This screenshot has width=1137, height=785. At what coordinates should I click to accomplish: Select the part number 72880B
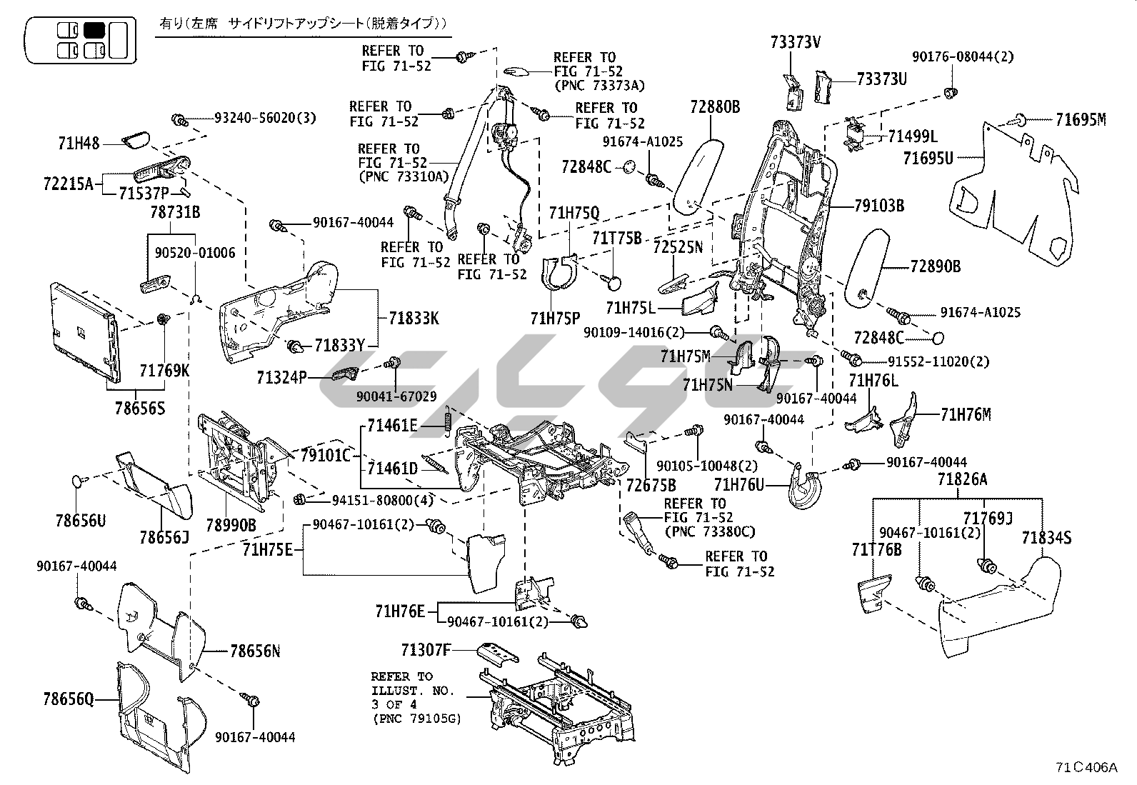click(714, 107)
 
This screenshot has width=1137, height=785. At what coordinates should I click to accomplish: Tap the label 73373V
click(795, 42)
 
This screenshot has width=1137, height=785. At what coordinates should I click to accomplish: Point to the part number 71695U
click(928, 158)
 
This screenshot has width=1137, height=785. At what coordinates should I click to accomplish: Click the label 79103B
click(879, 206)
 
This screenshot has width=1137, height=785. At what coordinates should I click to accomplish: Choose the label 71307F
click(426, 650)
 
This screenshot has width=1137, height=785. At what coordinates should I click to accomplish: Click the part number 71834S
click(1046, 538)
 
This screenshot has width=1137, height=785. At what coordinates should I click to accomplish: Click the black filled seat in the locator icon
click(94, 30)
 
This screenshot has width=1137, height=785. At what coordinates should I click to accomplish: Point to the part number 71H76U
click(739, 486)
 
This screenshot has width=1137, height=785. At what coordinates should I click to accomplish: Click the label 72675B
click(651, 486)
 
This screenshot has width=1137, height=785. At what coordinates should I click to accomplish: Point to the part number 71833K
click(414, 319)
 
